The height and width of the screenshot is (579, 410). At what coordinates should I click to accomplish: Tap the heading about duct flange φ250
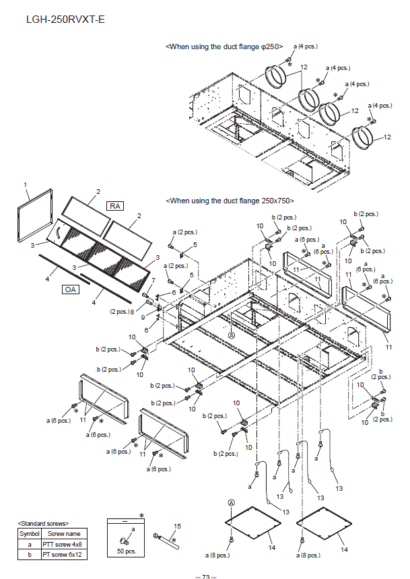pos(224,46)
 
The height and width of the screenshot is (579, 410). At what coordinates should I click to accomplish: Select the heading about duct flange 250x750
pos(230,201)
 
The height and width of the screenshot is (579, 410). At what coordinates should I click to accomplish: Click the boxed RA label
pos(114,205)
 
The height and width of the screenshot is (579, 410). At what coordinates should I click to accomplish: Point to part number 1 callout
pos(25,184)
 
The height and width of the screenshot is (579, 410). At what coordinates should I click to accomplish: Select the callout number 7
pos(153,280)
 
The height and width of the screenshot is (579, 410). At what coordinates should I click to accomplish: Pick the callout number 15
pos(178,526)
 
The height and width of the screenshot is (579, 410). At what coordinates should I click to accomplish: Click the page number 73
pos(205,576)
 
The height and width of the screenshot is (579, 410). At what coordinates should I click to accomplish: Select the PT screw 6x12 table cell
pos(63,554)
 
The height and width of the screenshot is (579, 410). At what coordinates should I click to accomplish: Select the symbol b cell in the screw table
pos(29,554)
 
